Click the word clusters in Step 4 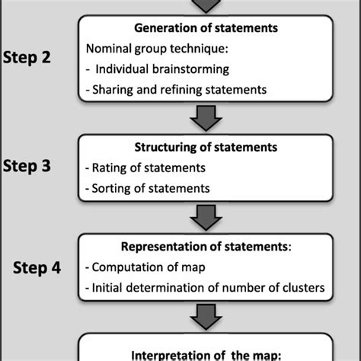(x=302, y=287)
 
